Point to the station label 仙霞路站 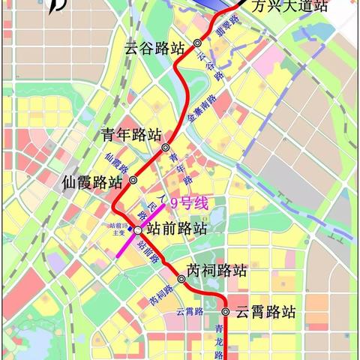93,181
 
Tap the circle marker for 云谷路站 197,43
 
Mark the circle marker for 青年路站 166,147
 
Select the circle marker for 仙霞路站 133,180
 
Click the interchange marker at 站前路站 137,231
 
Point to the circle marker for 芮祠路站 181,277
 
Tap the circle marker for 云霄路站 225,311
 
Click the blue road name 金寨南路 202,111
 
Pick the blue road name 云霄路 190,310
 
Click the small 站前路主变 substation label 121,229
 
